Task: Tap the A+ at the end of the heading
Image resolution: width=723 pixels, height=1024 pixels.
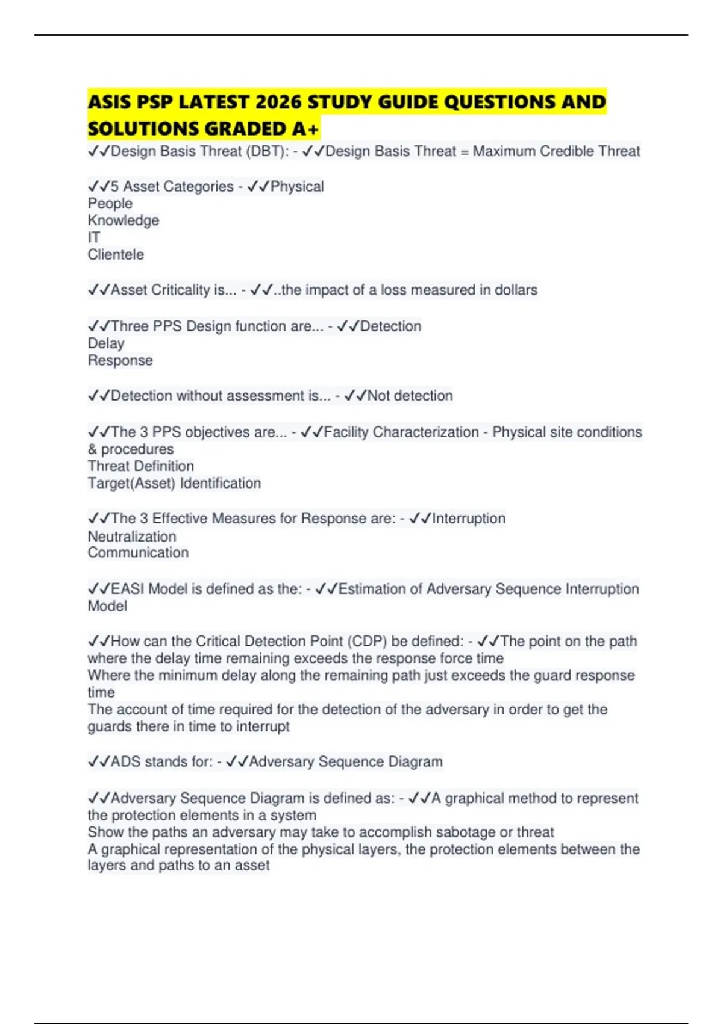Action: [x=305, y=129]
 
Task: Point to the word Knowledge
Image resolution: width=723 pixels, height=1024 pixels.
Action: [x=124, y=220]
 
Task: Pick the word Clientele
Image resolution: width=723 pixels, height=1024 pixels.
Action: [x=116, y=255]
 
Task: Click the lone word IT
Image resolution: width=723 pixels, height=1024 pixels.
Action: [x=94, y=237]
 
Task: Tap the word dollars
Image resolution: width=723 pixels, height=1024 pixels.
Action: [x=516, y=290]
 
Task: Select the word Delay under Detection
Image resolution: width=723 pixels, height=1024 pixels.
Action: [x=106, y=343]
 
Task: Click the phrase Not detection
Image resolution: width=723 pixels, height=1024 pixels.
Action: [x=410, y=396]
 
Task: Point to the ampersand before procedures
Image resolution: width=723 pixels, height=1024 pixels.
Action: [x=92, y=449]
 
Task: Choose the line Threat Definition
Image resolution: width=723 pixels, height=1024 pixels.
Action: [x=141, y=466]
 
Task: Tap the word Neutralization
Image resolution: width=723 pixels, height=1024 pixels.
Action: [x=132, y=536]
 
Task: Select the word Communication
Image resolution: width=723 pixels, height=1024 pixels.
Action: [x=138, y=553]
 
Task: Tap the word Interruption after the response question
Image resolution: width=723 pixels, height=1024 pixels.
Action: [x=469, y=519]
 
